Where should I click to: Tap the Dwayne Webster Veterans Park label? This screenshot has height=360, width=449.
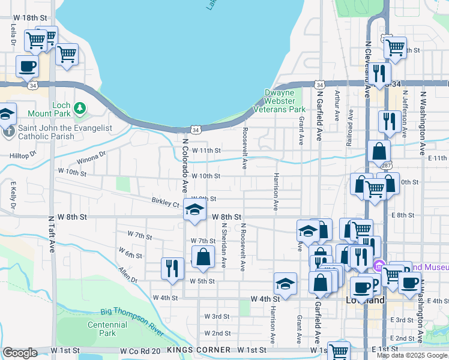285,101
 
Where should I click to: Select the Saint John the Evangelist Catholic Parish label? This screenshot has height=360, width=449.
46,132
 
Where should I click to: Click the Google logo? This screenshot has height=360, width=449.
20,353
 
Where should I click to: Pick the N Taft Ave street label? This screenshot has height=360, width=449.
51,234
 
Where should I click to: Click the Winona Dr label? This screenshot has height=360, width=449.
91,158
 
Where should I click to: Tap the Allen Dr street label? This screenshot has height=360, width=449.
128,275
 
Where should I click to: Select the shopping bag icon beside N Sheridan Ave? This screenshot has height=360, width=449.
203,256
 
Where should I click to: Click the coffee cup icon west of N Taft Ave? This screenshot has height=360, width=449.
28,67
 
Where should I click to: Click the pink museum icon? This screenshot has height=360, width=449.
378,265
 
